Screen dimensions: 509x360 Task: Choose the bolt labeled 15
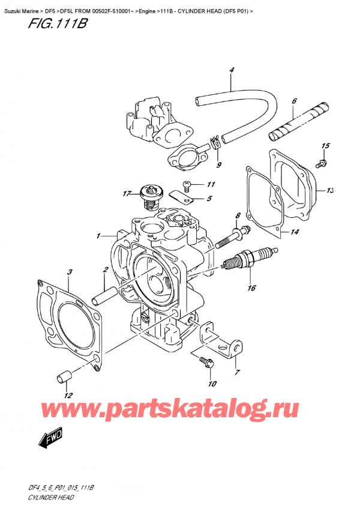[x=323, y=161]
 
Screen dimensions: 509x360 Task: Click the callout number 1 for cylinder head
[x=98, y=236]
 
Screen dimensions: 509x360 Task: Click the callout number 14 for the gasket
[x=293, y=232]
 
